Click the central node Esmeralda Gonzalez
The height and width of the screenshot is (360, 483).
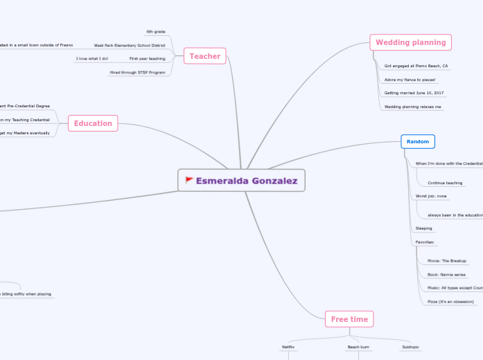(241, 181)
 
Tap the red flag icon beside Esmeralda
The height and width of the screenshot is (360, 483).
(189, 181)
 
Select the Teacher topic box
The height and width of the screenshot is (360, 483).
(205, 56)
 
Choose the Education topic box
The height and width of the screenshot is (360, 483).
(93, 123)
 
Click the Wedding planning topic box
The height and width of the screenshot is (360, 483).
(410, 42)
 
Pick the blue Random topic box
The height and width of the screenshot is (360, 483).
(417, 141)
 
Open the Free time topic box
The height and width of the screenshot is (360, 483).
(349, 319)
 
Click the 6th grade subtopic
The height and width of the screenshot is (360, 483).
(155, 32)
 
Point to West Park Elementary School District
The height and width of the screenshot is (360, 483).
(130, 45)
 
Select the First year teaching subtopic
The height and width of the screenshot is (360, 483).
(147, 59)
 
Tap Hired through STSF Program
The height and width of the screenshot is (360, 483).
(137, 72)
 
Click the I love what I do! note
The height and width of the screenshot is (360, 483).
(91, 59)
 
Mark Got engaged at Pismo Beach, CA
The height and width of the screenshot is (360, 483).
(416, 66)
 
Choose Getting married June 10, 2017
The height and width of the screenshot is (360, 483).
(414, 93)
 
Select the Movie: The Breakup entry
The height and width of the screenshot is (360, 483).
(446, 261)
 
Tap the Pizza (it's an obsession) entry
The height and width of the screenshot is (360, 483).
(450, 302)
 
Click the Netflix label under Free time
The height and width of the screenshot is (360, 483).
(288, 346)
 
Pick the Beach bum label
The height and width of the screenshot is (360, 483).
(358, 346)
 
